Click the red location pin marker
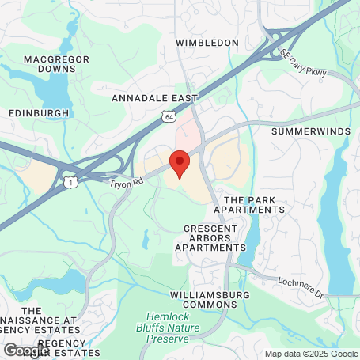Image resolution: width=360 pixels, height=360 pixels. coord(180,161)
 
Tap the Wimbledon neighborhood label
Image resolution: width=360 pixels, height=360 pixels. coord(207,42)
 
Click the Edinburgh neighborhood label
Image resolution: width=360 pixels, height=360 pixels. coord(39,113)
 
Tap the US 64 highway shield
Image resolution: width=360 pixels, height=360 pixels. coord(167,116)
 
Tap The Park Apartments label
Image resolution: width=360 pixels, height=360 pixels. coord(253,205)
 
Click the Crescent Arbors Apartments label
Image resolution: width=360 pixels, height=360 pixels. coord(210,237)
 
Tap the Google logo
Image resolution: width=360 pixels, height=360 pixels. coord(26,350)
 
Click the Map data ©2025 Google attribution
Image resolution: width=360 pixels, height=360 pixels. coord(311,354)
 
